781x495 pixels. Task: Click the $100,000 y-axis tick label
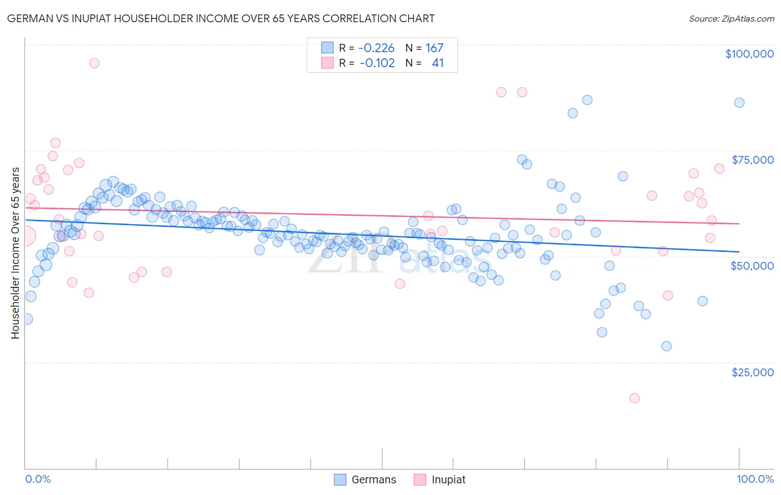[x=749, y=54]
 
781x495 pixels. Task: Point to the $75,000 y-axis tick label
[x=752, y=160]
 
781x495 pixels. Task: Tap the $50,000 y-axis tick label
[x=752, y=266]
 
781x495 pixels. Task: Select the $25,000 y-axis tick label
[x=752, y=372]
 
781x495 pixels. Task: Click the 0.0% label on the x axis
[x=38, y=479]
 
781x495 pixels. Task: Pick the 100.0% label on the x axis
[x=755, y=479]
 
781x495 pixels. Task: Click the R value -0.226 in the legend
[x=376, y=48]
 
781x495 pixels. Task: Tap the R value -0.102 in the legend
[x=377, y=63]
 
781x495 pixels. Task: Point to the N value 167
[x=434, y=48]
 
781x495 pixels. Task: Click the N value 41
[x=438, y=63]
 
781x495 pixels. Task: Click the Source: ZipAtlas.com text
[x=731, y=19]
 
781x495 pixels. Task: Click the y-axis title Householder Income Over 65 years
[x=15, y=252]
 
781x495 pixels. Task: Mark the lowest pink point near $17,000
[x=634, y=398]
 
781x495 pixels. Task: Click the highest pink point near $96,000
[x=94, y=63]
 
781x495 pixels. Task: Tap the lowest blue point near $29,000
[x=667, y=346]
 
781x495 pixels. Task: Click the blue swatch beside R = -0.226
[x=328, y=48]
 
